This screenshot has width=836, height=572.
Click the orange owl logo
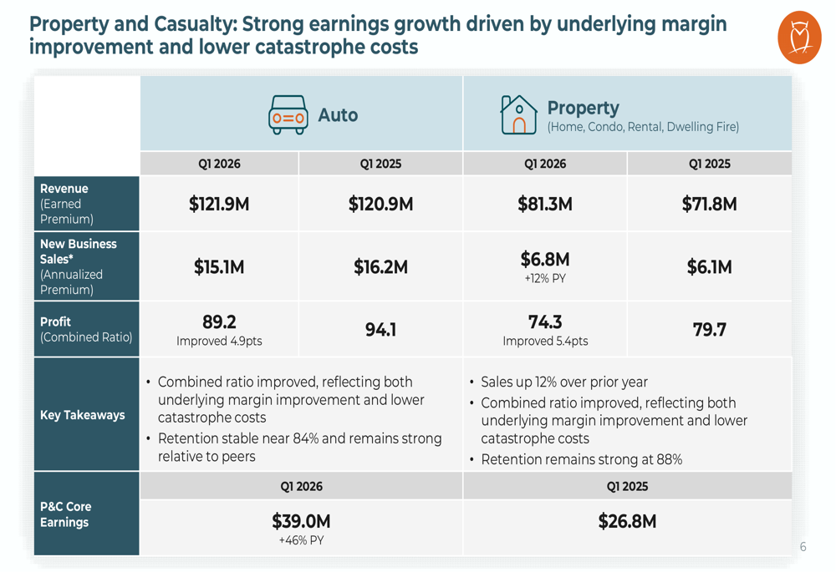coord(799,38)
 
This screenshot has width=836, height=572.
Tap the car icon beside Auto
coord(288,115)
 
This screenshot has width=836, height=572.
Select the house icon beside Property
coord(518,114)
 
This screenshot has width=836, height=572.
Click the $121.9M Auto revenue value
coord(219,204)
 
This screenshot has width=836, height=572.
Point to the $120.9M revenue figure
coord(380,204)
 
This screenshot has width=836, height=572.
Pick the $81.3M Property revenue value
coord(545,204)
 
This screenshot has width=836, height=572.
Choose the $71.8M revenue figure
coord(709,204)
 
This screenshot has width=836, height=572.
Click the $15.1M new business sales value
coord(219,267)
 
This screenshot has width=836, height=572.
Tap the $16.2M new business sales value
coord(380,267)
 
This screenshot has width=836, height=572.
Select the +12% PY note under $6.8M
coord(545,279)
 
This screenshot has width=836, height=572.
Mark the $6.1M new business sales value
coord(709,267)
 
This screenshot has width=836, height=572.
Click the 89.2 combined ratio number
coord(219,321)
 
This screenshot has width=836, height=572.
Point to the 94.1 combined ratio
coord(380,330)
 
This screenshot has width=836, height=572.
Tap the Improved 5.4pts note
coord(545,341)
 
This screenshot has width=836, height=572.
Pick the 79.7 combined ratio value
coord(709,330)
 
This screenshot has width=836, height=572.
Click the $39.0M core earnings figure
coord(301,521)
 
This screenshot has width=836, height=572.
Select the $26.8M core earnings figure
coord(627,521)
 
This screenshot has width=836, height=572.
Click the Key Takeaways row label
coord(83,415)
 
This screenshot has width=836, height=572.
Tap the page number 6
coord(803,547)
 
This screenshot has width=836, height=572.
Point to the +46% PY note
coord(301,540)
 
